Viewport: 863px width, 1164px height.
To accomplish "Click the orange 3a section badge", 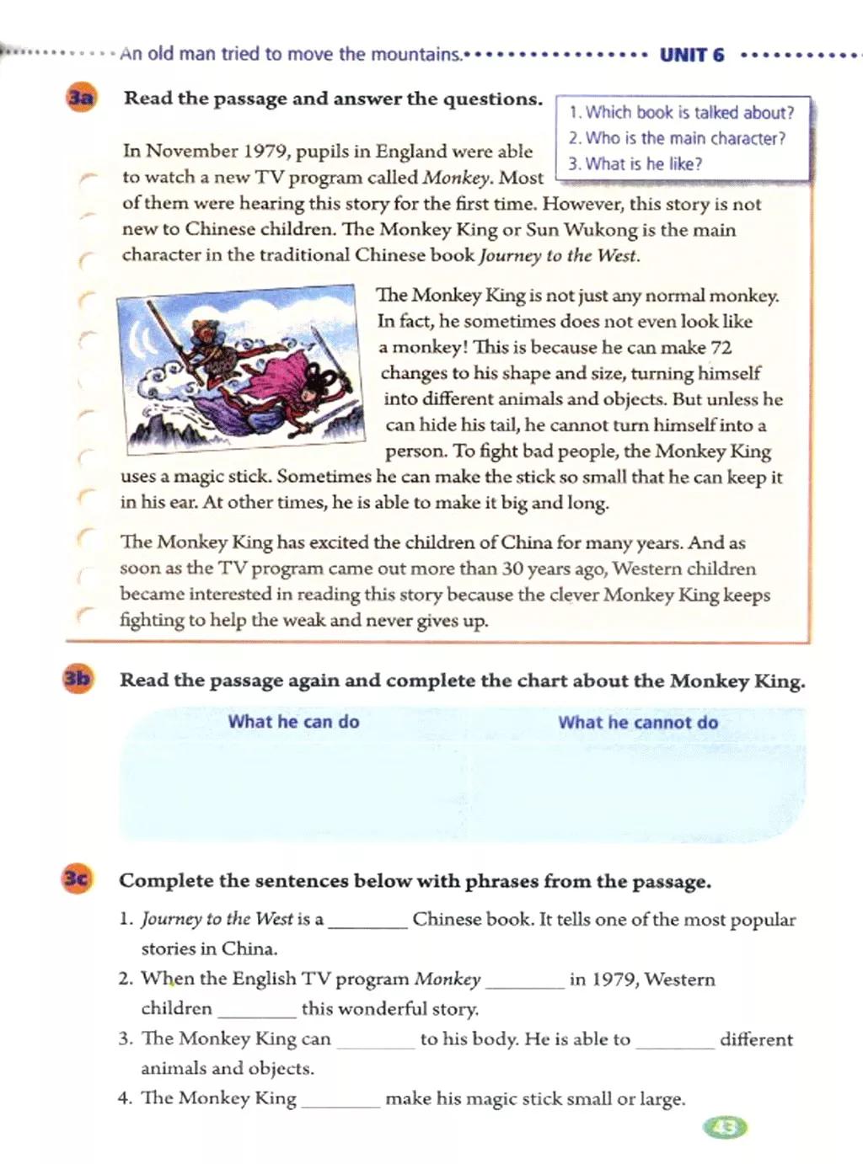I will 81,98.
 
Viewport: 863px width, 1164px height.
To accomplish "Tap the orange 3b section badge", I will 78,679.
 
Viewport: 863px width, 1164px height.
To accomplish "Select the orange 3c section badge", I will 77,879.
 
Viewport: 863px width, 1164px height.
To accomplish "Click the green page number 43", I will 725,1127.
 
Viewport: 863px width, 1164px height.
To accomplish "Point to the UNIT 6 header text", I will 691,56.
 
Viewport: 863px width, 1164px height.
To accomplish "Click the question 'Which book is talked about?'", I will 681,113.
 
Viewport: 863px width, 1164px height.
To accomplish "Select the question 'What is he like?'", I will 635,164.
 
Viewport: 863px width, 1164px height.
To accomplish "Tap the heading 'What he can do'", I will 293,722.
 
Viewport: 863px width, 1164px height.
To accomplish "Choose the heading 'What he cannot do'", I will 638,723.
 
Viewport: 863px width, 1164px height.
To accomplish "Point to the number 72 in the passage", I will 721,347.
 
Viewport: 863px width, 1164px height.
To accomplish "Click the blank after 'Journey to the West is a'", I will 367,920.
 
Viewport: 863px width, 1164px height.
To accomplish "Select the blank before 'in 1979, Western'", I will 525,980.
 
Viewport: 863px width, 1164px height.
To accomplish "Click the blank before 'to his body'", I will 376,1039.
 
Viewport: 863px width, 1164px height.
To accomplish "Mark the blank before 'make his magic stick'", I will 340,1099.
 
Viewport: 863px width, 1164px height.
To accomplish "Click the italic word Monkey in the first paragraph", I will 457,178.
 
